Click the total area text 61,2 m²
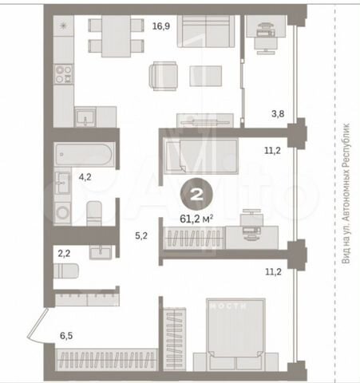click(196, 215)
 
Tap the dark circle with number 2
click(196, 191)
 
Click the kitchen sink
click(85, 117)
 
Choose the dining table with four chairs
click(104, 36)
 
